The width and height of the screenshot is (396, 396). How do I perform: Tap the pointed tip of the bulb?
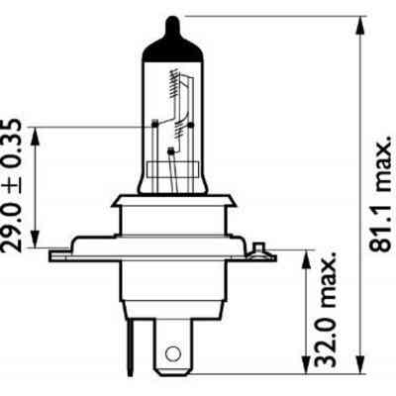pyautogui.click(x=173, y=18)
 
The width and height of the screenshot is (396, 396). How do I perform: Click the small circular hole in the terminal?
pyautogui.click(x=173, y=352)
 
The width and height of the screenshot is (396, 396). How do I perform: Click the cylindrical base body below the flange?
pyautogui.click(x=172, y=287)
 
